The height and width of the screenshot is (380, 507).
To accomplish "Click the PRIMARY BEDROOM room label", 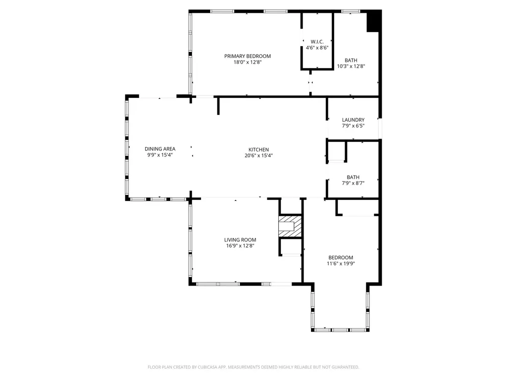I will tap(248, 56).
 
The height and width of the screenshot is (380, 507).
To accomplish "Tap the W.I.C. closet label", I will tap(317, 41).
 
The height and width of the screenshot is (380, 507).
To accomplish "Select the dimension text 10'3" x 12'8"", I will tap(351, 66).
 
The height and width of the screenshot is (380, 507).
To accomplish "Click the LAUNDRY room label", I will tap(353, 120).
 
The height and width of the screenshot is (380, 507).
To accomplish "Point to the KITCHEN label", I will tap(258, 149).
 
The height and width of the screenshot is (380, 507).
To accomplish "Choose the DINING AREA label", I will tap(160, 148).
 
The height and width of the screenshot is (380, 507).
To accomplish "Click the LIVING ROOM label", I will tap(240, 239).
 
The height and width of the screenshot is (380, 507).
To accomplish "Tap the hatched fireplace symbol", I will tap(290, 226).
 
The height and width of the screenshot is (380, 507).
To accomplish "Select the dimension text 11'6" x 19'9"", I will tap(341, 264).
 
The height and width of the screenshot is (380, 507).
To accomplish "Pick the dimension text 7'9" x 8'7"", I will tap(353, 184).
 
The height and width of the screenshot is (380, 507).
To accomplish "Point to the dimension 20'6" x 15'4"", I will tap(258, 155).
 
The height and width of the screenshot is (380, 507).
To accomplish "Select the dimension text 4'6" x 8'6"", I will tap(317, 47).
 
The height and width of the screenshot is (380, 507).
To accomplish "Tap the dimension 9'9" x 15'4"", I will tap(160, 155).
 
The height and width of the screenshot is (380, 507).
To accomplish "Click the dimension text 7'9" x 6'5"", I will tap(353, 126).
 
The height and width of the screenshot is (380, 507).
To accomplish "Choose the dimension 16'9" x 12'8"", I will tap(240, 246).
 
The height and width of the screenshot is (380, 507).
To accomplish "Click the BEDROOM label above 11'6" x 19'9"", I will tap(341, 257).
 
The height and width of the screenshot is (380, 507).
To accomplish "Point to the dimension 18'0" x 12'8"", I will tap(248, 62).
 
